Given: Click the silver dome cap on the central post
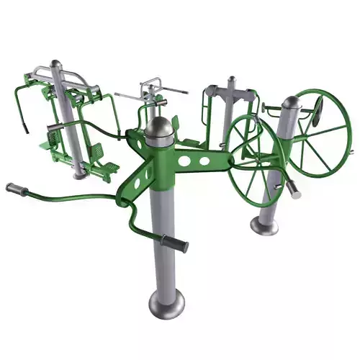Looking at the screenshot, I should tap(160, 128).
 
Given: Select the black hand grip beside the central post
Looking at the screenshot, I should tap(175, 243).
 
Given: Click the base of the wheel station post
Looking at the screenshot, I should tap(264, 226).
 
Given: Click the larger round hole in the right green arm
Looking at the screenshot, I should tap(189, 159).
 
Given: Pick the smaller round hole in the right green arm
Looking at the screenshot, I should tap(206, 160).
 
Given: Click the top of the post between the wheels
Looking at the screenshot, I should tap(232, 81).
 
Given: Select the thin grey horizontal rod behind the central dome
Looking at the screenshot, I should tap(173, 91).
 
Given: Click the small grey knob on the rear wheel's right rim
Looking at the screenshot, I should tap(351, 151).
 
